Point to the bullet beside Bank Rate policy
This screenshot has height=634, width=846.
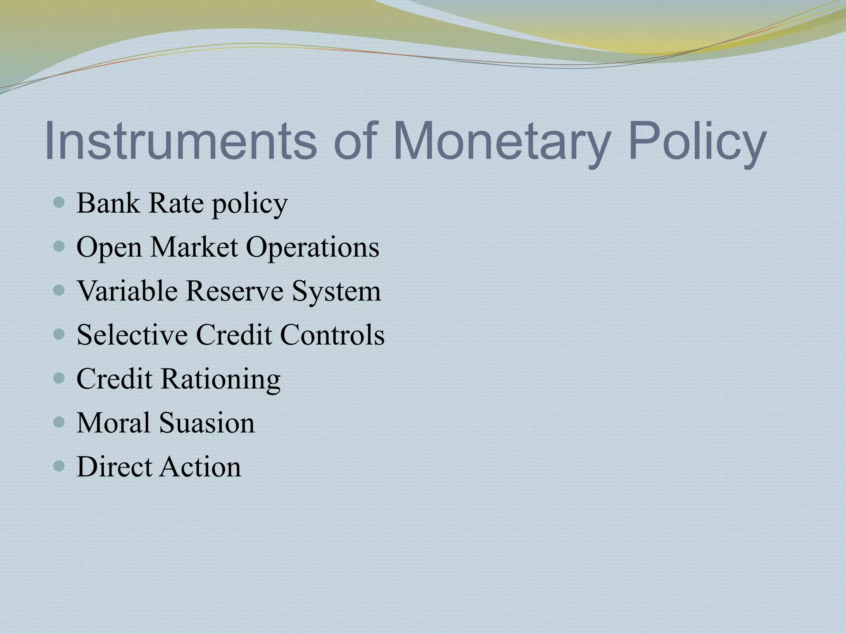(x=59, y=203)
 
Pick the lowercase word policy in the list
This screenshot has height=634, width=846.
(x=250, y=204)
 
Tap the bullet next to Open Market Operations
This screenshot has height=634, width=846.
(x=59, y=247)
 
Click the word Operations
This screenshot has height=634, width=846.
(x=312, y=248)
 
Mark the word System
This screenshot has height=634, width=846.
(x=336, y=291)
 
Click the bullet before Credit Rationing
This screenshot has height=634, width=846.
(x=59, y=378)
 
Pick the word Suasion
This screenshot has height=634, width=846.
(x=207, y=423)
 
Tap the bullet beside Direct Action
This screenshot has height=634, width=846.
(x=59, y=466)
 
